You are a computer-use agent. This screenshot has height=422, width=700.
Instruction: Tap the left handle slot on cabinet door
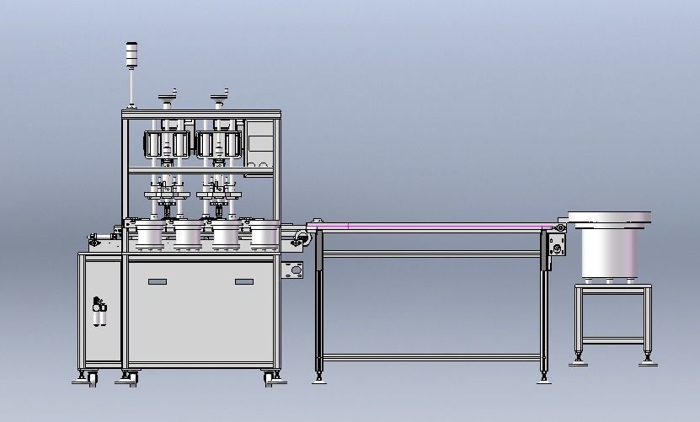tap(158, 281)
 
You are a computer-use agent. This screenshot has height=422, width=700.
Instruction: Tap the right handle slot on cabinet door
tap(244, 281)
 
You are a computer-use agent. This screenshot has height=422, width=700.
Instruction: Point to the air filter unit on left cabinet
tap(100, 313)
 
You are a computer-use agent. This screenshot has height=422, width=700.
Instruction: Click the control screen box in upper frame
tap(262, 144)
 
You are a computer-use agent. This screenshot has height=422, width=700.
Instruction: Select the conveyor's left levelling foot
tap(319, 376)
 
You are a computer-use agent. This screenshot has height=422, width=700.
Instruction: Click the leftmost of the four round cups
tap(150, 235)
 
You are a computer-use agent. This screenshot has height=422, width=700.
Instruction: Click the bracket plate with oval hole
tap(293, 271)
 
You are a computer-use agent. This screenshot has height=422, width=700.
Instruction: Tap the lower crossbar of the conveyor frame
tap(430, 357)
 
